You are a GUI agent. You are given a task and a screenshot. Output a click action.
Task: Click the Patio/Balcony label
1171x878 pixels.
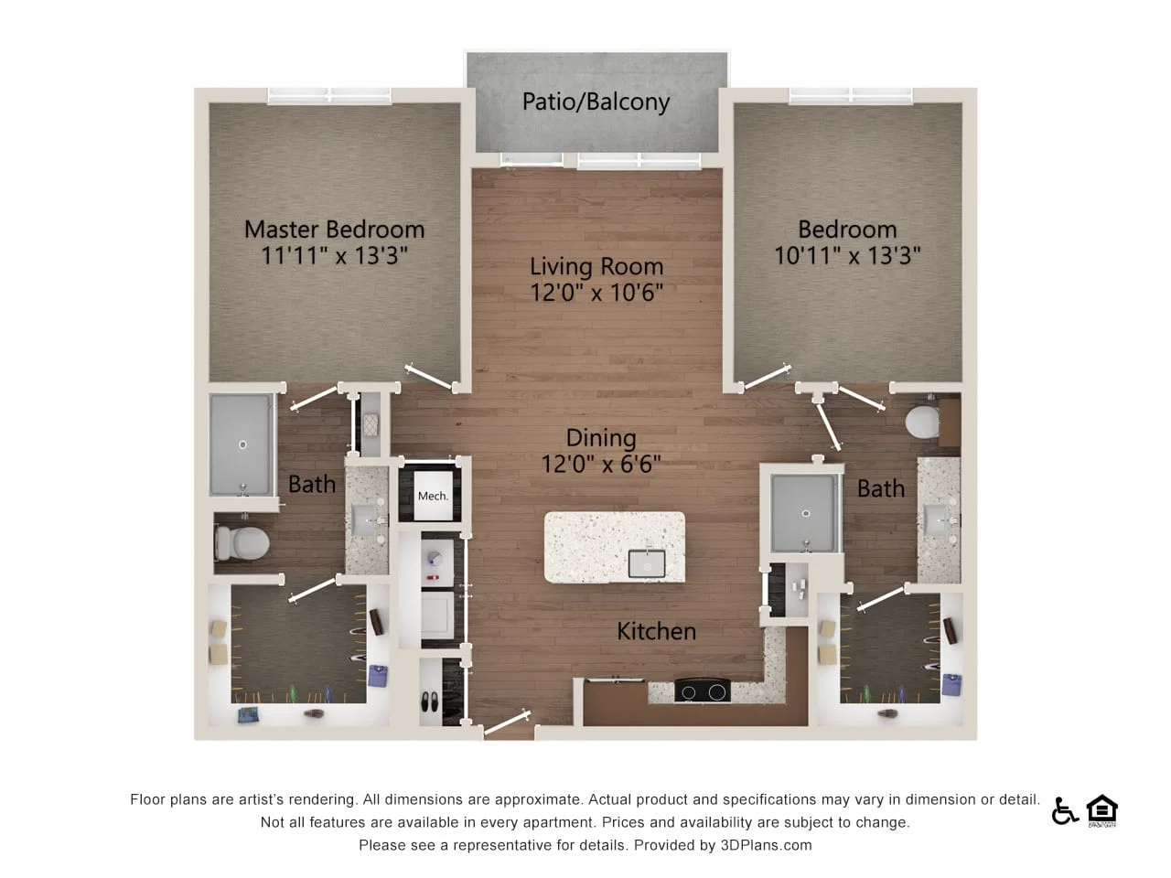596,102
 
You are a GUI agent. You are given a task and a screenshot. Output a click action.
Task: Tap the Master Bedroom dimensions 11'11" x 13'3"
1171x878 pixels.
334,255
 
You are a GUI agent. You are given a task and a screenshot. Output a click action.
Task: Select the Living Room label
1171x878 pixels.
596,266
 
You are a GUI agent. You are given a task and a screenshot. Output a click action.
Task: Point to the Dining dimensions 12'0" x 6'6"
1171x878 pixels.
601,464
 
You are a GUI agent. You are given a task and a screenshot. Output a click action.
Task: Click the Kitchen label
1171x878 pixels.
656,631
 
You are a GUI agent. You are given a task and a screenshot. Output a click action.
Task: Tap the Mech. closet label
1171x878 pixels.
433,496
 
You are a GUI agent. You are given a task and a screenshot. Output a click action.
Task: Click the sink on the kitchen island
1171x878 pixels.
647,563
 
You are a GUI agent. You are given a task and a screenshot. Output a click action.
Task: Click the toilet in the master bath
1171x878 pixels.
242,542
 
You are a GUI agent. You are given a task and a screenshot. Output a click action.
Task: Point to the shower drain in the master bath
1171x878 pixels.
242,444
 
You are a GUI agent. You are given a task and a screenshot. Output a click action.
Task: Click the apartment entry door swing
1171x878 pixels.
507,723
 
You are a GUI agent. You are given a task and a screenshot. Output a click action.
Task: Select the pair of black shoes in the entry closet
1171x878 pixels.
429,701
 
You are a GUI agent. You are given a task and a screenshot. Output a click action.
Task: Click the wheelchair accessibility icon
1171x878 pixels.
1065,811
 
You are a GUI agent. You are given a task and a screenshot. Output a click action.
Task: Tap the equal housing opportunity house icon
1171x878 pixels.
1102,810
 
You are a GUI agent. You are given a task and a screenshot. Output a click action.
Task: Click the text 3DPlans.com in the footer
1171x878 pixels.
766,845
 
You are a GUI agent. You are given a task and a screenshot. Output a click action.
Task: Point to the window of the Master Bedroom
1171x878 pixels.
329,96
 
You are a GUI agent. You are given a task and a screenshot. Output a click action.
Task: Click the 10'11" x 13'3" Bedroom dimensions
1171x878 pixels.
847,255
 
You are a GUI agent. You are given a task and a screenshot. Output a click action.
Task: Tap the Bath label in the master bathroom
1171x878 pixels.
312,484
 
